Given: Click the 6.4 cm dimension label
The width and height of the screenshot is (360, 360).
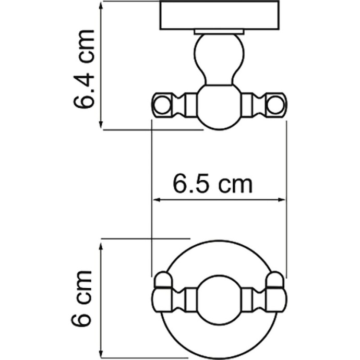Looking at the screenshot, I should point(84,68).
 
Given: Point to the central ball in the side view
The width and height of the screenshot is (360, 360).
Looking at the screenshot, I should point(218,107).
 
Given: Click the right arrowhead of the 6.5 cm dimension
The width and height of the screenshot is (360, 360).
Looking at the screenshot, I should point(283,200).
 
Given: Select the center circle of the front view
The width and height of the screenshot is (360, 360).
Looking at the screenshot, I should point(218,298).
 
